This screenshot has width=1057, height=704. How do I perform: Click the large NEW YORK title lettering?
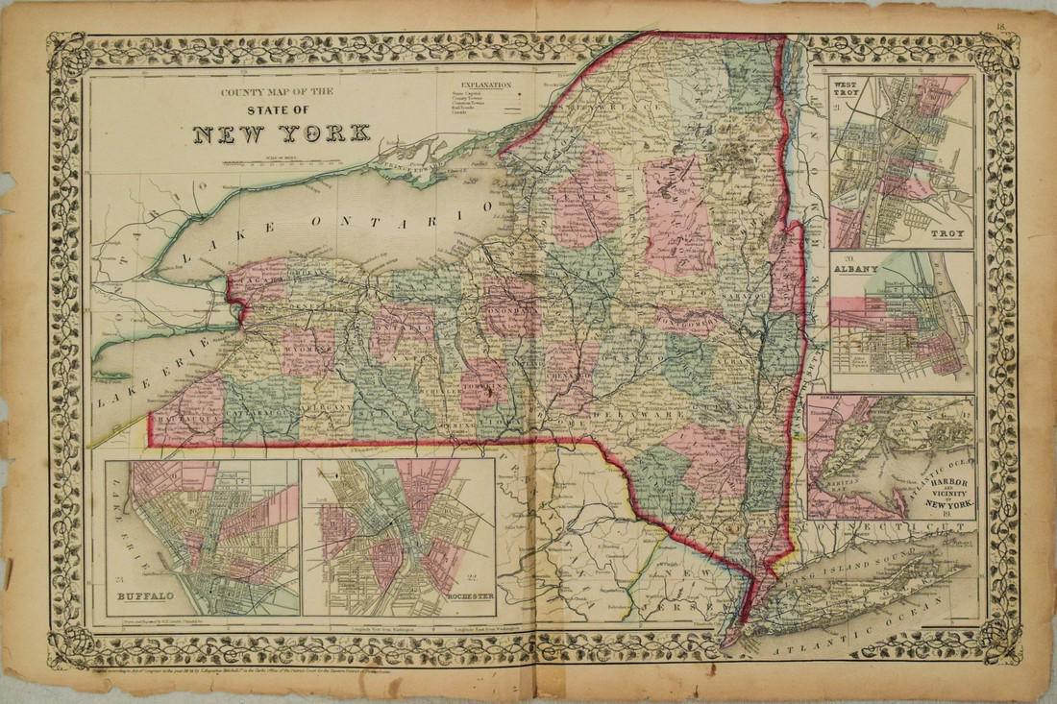[x=283, y=133]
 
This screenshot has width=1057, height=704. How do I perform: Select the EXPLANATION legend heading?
[x=478, y=85]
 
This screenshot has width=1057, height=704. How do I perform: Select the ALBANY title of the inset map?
[x=857, y=270]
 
